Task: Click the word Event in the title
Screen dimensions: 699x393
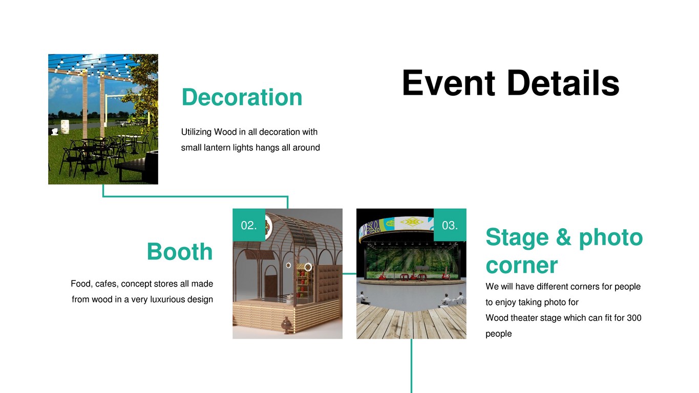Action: coord(449,83)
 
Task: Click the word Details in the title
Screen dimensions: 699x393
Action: coord(564,83)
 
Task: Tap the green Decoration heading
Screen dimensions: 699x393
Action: coord(242,97)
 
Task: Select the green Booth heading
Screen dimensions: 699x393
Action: coord(180,251)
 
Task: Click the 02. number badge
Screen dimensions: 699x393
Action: coord(249,225)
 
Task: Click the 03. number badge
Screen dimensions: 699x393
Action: coord(450,225)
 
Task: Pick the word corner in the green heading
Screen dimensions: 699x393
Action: coord(522,266)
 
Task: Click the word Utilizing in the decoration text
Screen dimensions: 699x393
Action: coord(196,132)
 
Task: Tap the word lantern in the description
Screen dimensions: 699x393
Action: coord(217,147)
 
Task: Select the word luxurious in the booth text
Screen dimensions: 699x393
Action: coord(168,299)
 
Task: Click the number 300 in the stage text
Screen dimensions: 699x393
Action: coord(634,318)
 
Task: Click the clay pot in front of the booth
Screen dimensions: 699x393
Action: coord(286,325)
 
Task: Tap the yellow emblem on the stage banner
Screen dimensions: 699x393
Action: coord(412,222)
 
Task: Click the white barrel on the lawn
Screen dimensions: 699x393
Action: coord(65,126)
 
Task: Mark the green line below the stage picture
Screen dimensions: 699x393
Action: coord(411,366)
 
